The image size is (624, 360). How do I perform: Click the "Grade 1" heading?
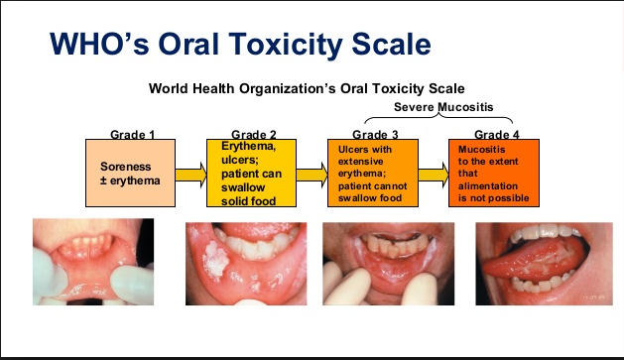pyautogui.click(x=133, y=134)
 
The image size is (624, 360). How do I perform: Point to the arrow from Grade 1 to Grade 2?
pyautogui.click(x=191, y=176)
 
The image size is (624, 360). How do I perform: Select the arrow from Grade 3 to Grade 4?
pyautogui.click(x=434, y=176)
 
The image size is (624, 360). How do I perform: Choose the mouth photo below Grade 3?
pyautogui.click(x=386, y=265)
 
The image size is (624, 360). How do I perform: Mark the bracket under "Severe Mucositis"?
pyautogui.click(x=443, y=119)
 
